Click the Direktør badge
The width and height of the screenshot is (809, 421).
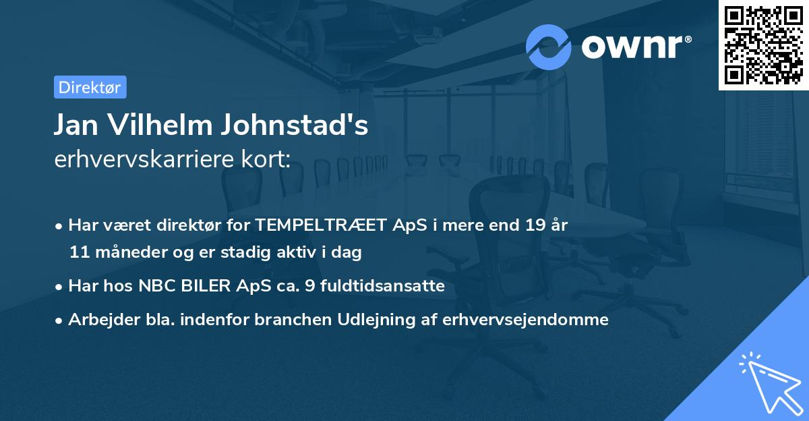click(90, 87)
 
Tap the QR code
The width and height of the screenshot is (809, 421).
click(763, 45)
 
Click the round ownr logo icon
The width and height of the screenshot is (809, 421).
click(549, 47)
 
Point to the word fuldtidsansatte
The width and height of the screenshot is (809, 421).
click(386, 285)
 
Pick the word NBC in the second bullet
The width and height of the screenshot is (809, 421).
click(154, 285)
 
